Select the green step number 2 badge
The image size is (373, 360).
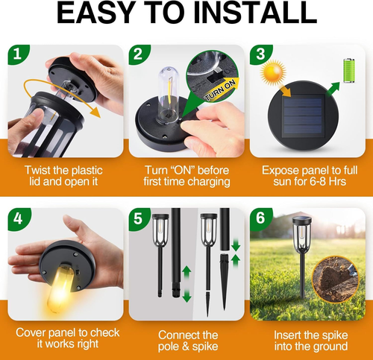pos(137,54)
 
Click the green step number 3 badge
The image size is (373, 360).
pos(260,54)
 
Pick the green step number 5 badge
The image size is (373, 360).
pos(137,219)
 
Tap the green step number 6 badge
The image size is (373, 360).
pos(260,219)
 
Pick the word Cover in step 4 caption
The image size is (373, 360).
pos(32,332)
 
